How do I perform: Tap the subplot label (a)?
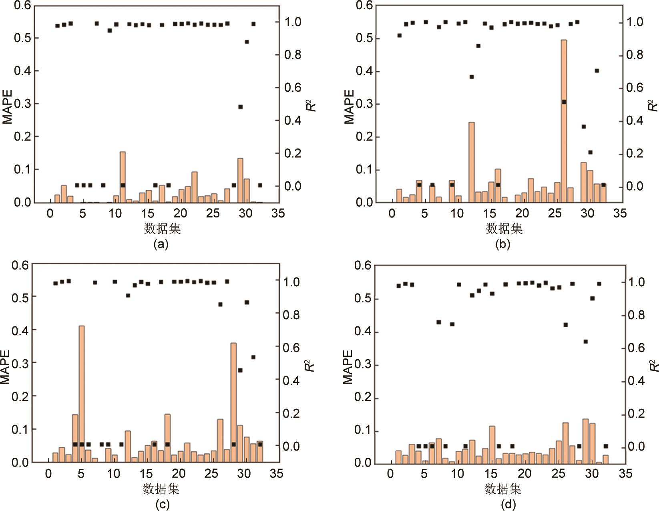[x=161, y=244]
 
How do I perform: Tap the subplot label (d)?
[x=508, y=504]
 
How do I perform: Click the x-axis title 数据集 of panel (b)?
[x=504, y=229]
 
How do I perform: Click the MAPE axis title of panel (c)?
[x=6, y=367]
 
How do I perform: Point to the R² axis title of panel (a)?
[x=312, y=105]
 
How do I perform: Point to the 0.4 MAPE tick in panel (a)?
[x=22, y=71]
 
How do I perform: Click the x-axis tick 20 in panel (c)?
[x=179, y=474]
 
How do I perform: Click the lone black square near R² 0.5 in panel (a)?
[x=240, y=107]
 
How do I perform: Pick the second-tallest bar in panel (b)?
[x=471, y=162]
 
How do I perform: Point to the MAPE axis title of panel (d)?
[x=348, y=367]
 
